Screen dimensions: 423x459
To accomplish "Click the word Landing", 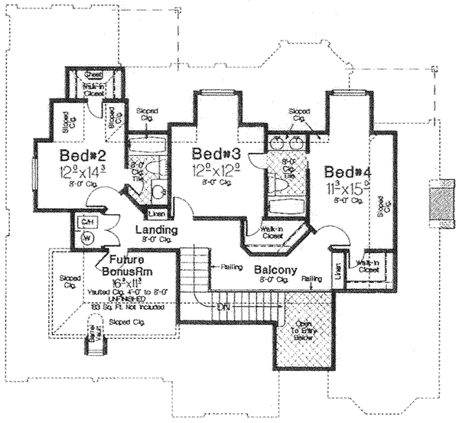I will click(156, 229).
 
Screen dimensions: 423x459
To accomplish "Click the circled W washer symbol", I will click(86, 237).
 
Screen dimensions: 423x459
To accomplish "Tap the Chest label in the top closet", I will click(93, 75).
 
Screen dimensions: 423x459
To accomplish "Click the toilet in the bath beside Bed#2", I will click(157, 190).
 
